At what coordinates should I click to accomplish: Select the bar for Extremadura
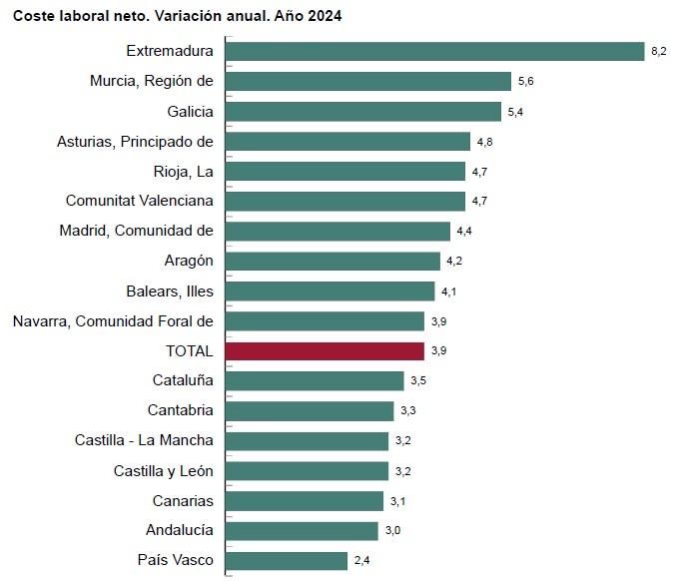(x=435, y=51)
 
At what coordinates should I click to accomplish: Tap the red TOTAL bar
(x=326, y=351)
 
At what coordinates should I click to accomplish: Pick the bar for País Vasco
(x=288, y=561)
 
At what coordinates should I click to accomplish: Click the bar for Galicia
(x=364, y=111)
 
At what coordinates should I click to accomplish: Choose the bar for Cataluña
(x=316, y=380)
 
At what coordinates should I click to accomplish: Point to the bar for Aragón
(x=334, y=261)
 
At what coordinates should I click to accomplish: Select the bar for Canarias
(x=306, y=501)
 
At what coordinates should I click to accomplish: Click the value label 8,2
(x=659, y=52)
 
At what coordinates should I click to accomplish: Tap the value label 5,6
(x=526, y=82)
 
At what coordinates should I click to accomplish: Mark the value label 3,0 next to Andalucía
(x=392, y=531)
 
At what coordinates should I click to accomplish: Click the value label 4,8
(x=484, y=142)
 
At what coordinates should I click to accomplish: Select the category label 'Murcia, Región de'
(x=151, y=81)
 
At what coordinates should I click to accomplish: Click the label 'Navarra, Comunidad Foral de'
(x=113, y=320)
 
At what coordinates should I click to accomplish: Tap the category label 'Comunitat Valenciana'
(x=139, y=201)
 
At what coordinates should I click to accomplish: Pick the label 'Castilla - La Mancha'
(x=144, y=440)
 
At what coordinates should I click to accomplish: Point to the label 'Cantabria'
(x=180, y=410)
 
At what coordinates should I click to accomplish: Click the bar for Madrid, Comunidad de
(x=339, y=231)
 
